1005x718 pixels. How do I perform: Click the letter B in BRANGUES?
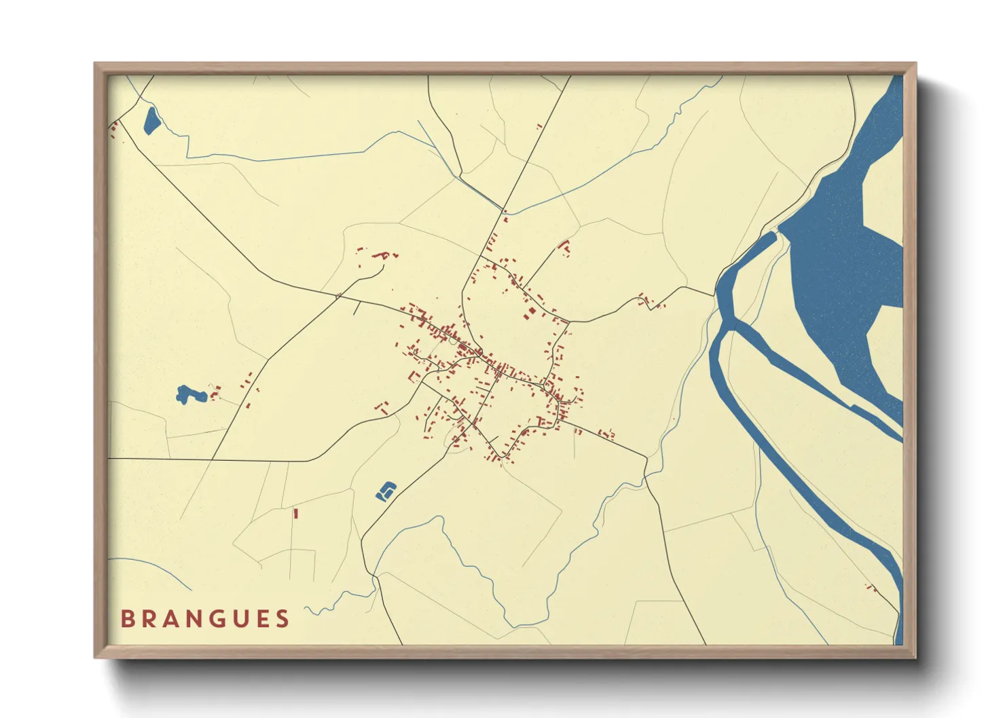point(127,619)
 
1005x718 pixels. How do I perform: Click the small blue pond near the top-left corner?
point(151,121)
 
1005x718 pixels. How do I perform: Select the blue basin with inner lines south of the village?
point(386,491)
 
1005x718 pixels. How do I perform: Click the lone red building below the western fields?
point(296,514)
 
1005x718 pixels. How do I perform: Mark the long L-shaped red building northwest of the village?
point(381,255)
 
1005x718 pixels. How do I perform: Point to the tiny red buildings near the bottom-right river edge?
point(871,588)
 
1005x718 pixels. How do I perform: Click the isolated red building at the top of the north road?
point(539,126)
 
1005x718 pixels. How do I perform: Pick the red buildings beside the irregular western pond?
point(215,393)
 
